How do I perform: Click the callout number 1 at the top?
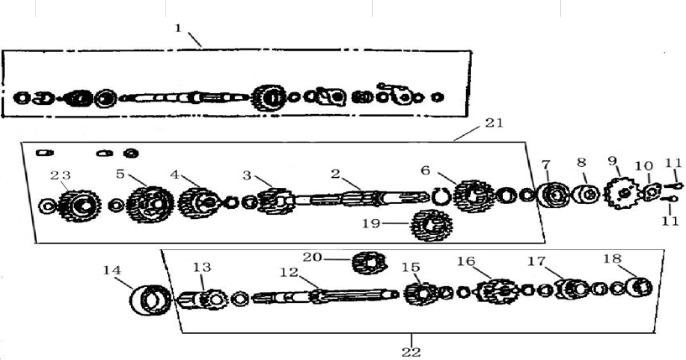pyautogui.click(x=178, y=28)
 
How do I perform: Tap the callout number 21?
pyautogui.click(x=494, y=123)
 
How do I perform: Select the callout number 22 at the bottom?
pyautogui.click(x=411, y=351)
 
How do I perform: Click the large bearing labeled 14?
pyautogui.click(x=148, y=298)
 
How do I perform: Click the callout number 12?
pyautogui.click(x=289, y=272)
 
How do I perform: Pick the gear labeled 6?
pyautogui.click(x=473, y=196)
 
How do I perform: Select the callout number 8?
pyautogui.click(x=581, y=162)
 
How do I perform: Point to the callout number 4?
pyautogui.click(x=175, y=175)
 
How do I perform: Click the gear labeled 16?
pyautogui.click(x=495, y=291)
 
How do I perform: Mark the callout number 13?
pyautogui.click(x=202, y=267)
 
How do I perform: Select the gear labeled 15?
pyautogui.click(x=418, y=295)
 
